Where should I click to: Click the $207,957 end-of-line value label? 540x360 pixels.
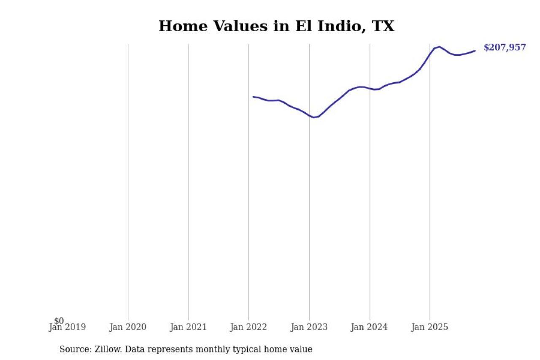pyautogui.click(x=505, y=48)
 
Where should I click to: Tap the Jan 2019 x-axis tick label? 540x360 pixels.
pyautogui.click(x=67, y=327)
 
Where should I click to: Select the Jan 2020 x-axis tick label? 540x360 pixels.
pyautogui.click(x=128, y=327)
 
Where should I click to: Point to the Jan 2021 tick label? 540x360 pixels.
pyautogui.click(x=188, y=327)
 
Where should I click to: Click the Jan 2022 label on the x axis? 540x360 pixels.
pyautogui.click(x=248, y=327)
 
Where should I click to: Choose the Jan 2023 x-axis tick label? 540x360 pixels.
pyautogui.click(x=309, y=327)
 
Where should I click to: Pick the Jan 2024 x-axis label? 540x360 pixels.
pyautogui.click(x=370, y=327)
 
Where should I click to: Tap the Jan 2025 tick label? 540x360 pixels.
pyautogui.click(x=430, y=327)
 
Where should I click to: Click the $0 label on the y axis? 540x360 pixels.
pyautogui.click(x=59, y=321)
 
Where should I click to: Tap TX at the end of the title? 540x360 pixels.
pyautogui.click(x=383, y=26)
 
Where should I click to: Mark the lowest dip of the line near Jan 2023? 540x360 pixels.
pyautogui.click(x=314, y=117)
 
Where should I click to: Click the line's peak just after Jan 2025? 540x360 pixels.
pyautogui.click(x=440, y=47)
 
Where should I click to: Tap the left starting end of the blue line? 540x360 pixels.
pyautogui.click(x=253, y=97)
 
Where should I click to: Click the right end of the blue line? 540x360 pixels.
pyautogui.click(x=475, y=51)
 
